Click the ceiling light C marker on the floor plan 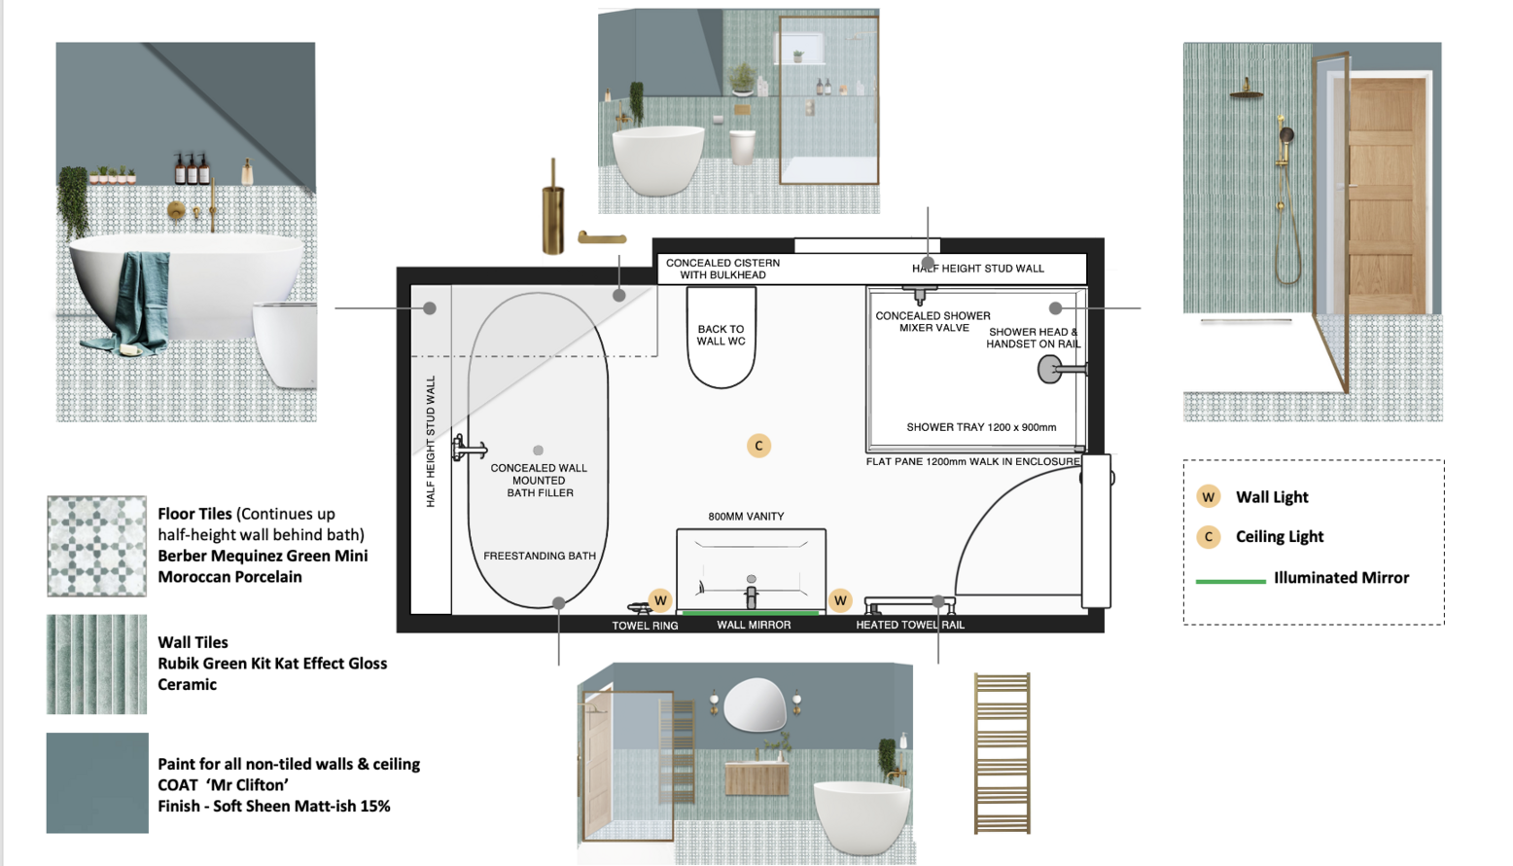click(758, 447)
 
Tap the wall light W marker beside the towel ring click(660, 600)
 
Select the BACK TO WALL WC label click(721, 336)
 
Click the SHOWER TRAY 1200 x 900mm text click(981, 427)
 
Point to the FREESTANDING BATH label click(540, 556)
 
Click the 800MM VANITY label click(746, 517)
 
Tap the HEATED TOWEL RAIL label click(910, 625)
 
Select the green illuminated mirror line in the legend click(1230, 581)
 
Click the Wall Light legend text click(1272, 497)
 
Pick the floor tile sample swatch click(96, 546)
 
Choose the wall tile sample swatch click(96, 664)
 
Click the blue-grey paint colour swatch click(97, 783)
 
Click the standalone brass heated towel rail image click(1002, 753)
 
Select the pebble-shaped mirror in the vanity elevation click(755, 705)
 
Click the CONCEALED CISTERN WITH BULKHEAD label click(722, 270)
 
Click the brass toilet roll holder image click(602, 238)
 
